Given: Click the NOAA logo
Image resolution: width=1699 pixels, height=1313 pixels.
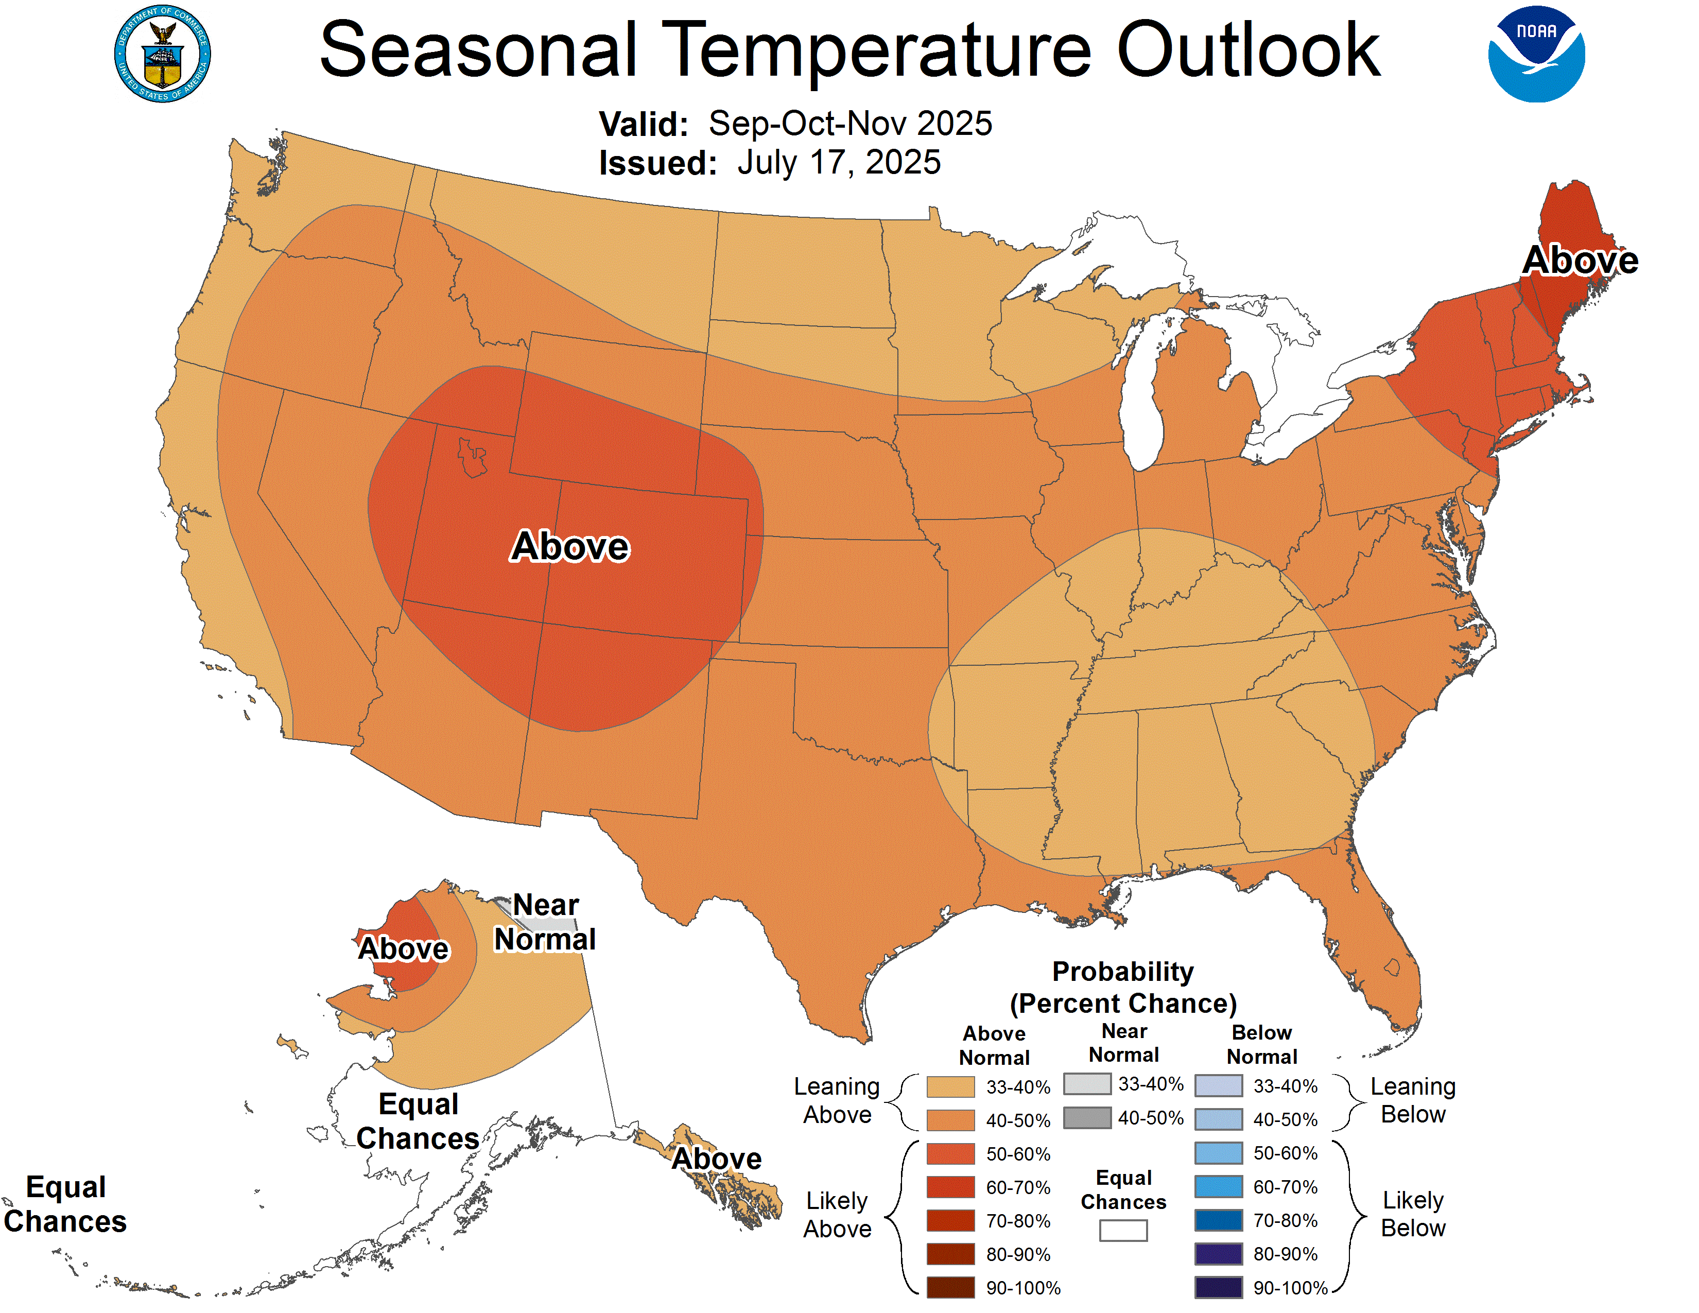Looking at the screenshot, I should point(1536,55).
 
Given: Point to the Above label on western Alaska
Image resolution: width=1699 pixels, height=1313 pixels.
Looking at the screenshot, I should point(403,948).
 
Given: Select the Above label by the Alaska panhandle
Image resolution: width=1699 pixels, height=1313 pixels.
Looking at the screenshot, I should point(717,1158).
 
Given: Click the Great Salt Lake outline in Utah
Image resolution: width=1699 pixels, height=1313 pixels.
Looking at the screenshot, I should point(472,457).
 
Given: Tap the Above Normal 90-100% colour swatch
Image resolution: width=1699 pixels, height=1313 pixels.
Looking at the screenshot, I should point(950,1287).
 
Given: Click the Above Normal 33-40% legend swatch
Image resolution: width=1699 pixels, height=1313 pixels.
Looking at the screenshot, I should point(950,1086).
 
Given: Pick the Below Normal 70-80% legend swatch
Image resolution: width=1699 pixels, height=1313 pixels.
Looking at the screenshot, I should point(1218,1220).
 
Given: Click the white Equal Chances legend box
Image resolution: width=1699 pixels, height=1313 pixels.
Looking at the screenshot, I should point(1122,1230).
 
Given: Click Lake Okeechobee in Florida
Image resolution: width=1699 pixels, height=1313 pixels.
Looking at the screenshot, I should point(1392,968).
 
